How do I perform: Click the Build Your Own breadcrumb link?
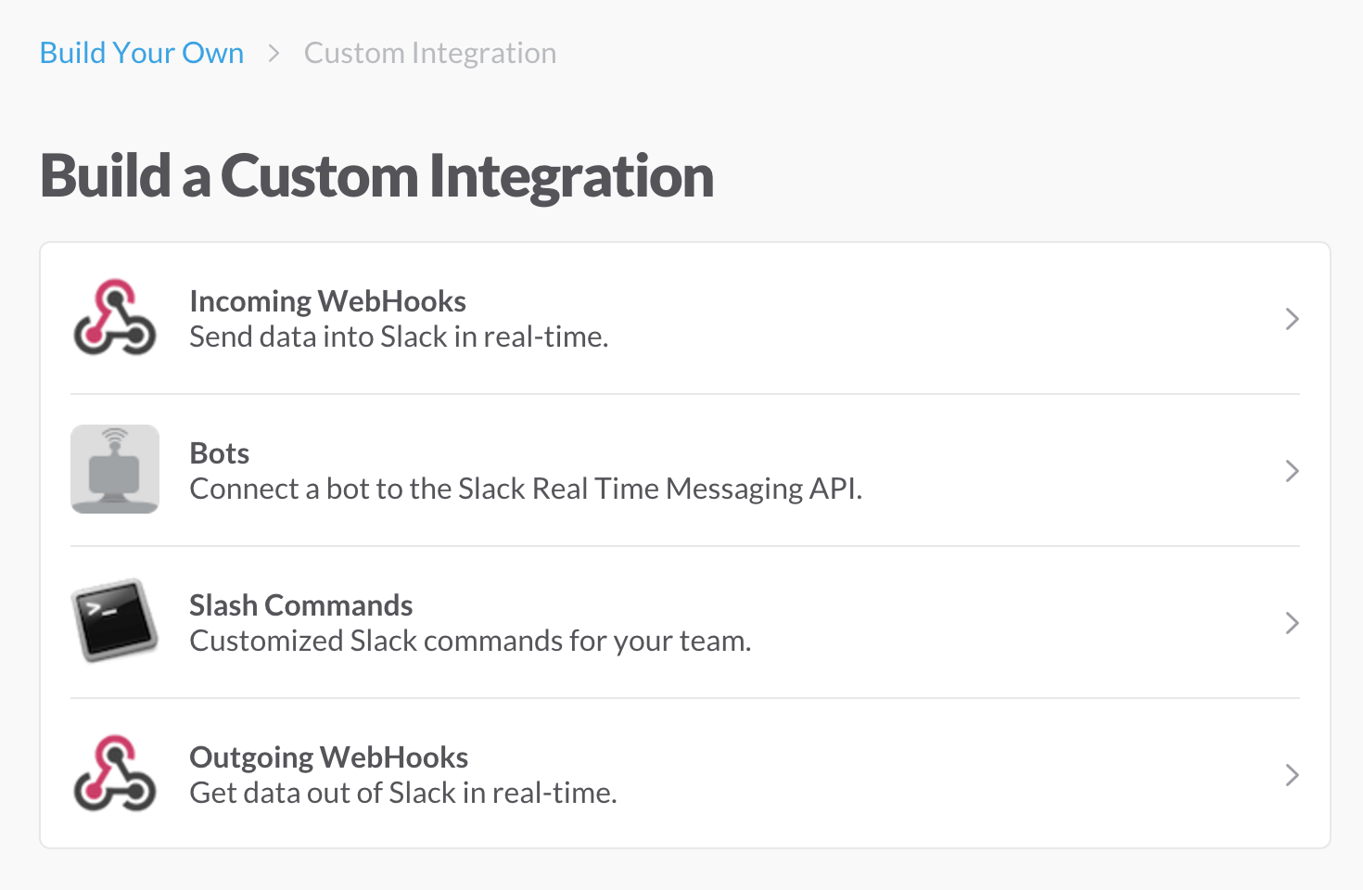pos(142,53)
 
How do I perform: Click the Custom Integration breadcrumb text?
pos(430,54)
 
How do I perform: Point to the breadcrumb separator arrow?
pos(274,54)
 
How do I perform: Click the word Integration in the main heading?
pos(571,177)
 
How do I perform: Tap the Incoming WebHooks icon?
pos(114,317)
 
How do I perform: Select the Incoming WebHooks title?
pos(327,301)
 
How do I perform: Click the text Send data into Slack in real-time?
pos(399,337)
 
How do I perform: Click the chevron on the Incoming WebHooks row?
pos(1293,319)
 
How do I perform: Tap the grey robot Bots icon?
pos(115,469)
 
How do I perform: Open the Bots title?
pos(220,453)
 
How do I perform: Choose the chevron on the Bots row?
pos(1293,471)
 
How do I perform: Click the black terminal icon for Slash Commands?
pos(114,620)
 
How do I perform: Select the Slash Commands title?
pos(301,605)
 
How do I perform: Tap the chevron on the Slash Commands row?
pos(1293,623)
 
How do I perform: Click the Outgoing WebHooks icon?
pos(114,773)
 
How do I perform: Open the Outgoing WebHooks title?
pos(328,757)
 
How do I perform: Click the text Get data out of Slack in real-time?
pos(403,793)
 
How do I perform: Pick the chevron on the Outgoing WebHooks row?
pos(1293,775)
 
